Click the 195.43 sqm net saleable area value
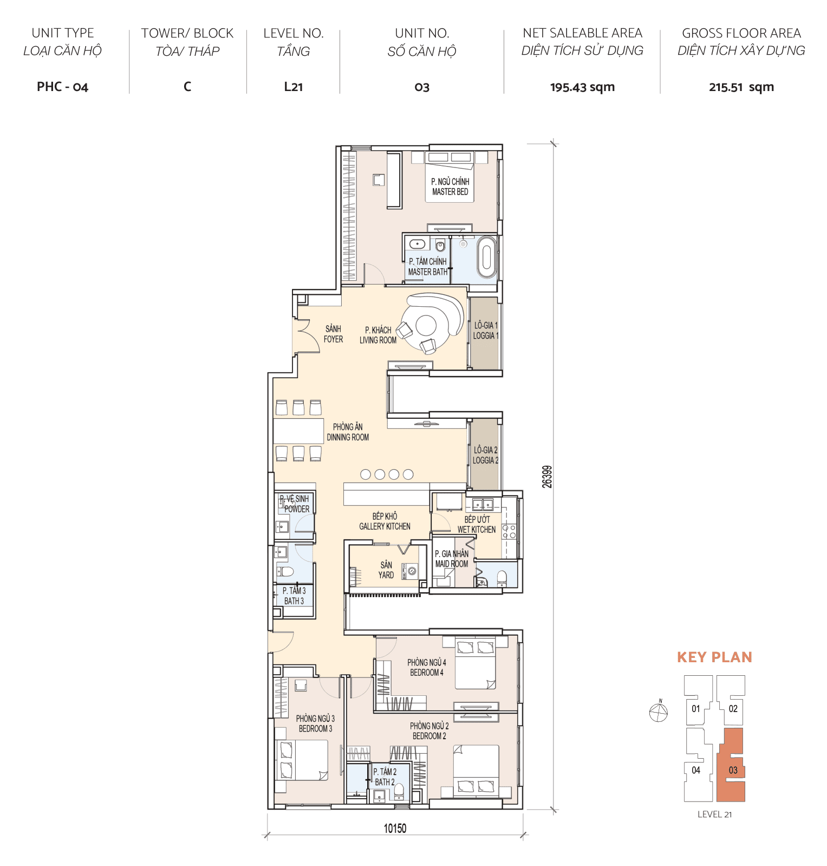[x=582, y=87]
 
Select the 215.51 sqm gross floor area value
[x=741, y=87]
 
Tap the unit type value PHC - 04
[x=62, y=87]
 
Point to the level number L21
[x=293, y=87]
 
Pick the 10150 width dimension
[x=395, y=828]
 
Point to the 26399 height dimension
[x=548, y=477]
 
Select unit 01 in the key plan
[x=696, y=708]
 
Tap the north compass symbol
[x=659, y=712]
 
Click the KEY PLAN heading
[x=714, y=657]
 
